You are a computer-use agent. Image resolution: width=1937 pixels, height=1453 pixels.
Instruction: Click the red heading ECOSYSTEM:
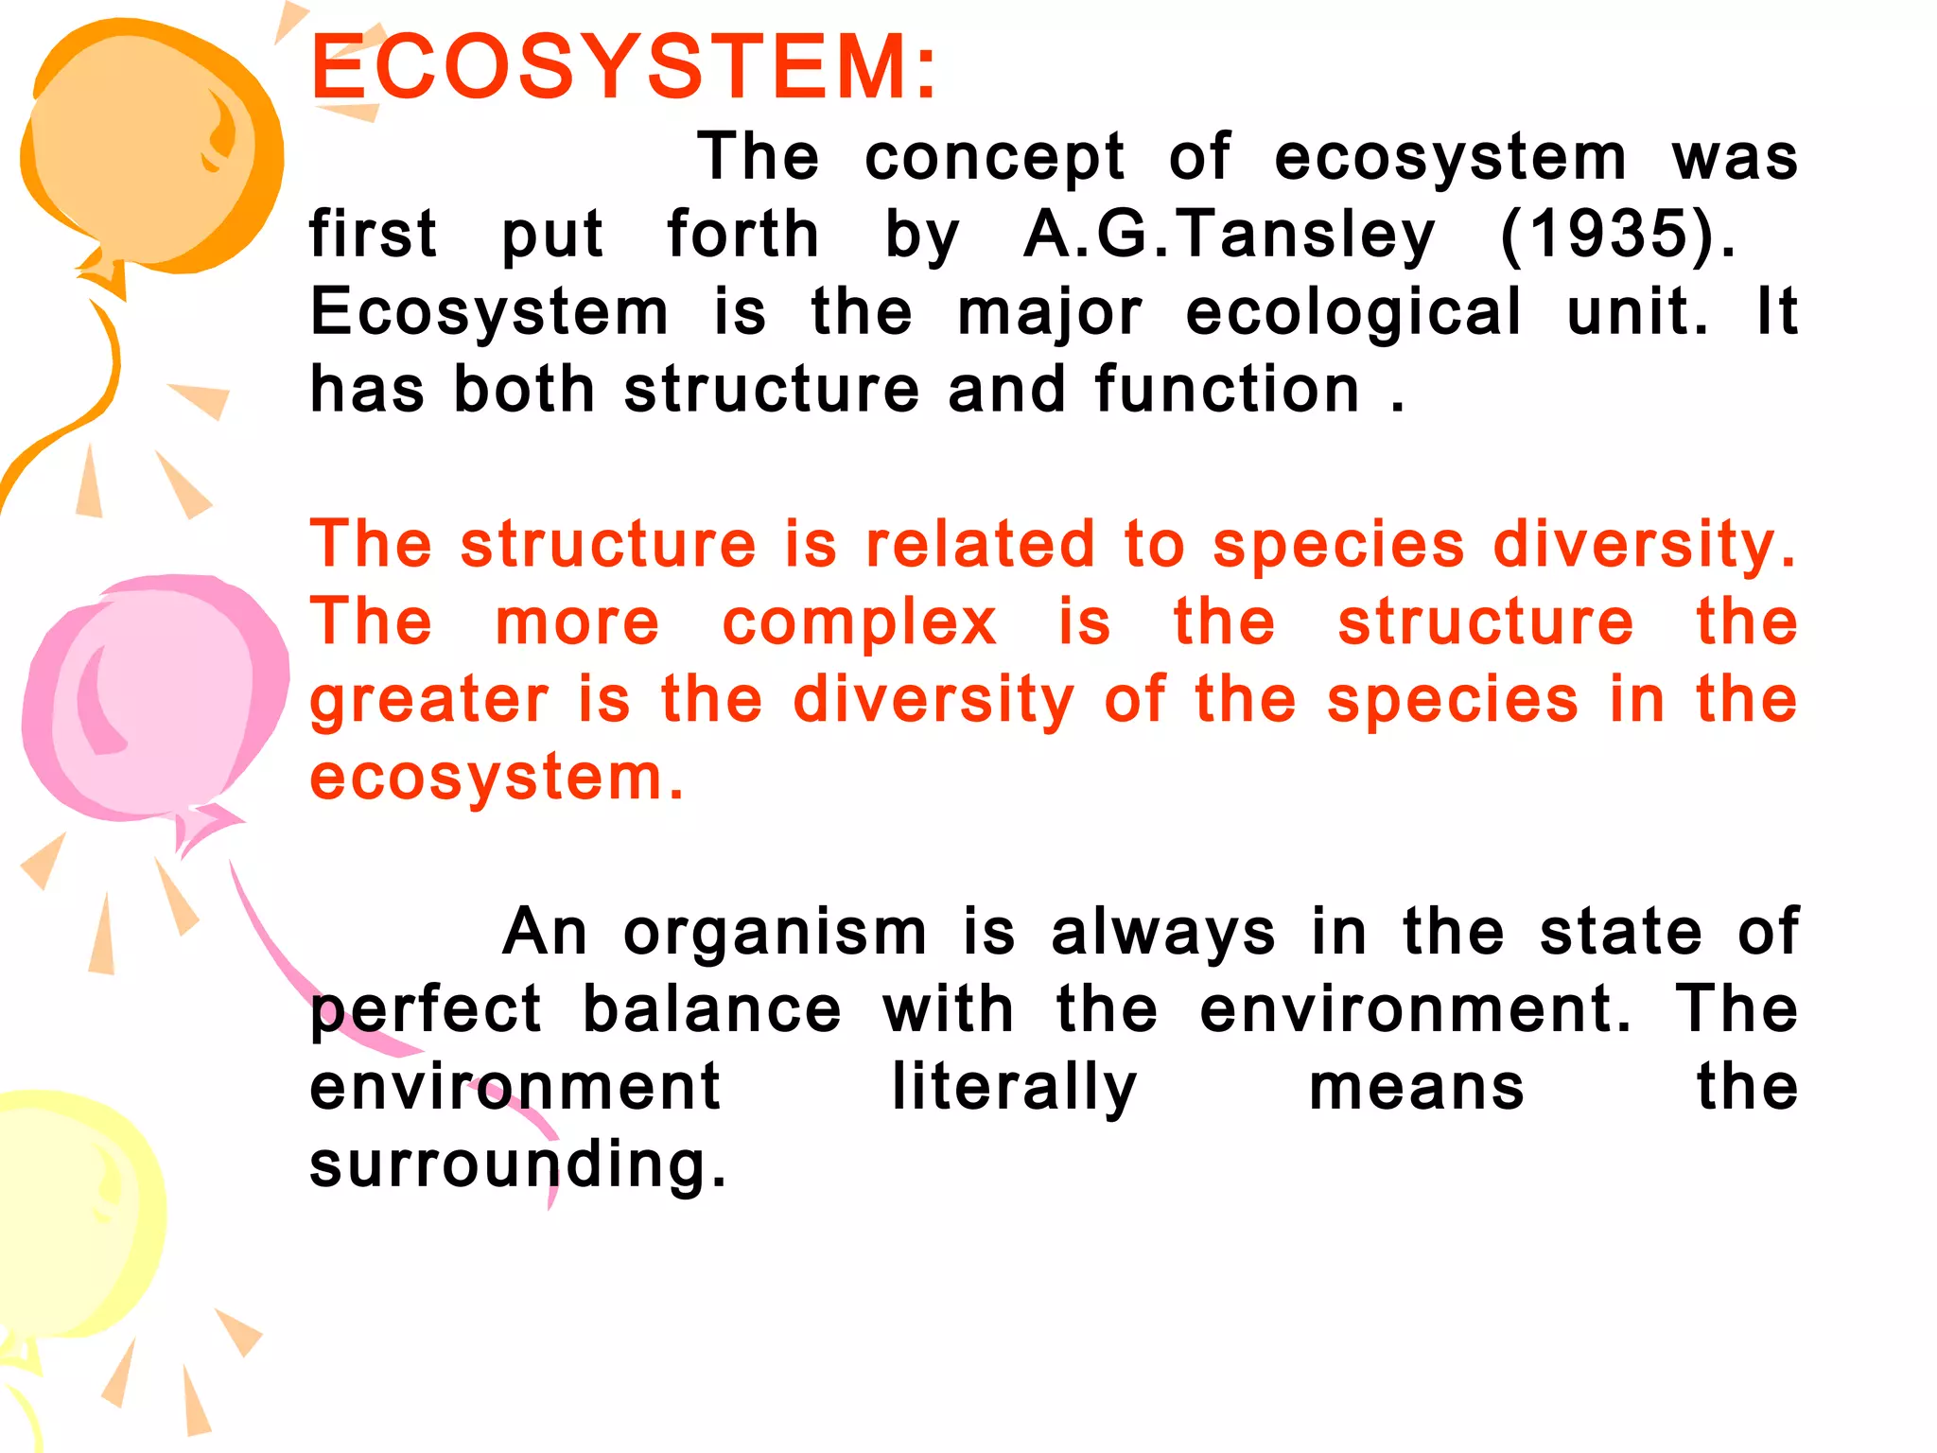tap(624, 67)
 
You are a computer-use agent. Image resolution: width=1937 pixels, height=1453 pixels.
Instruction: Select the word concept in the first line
tap(994, 158)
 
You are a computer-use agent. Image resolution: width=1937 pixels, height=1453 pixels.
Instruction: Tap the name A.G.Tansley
tap(1230, 235)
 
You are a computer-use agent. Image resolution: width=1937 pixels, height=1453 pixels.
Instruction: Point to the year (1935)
tap(1618, 235)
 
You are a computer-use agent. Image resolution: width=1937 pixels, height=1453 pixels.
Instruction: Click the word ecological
tap(1353, 312)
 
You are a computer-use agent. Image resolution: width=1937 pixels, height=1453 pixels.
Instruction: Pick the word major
tap(1050, 314)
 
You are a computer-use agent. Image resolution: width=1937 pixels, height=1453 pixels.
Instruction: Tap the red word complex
tap(859, 623)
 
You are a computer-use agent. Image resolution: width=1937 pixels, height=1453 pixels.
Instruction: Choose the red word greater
tap(429, 702)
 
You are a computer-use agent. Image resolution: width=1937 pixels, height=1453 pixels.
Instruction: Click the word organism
tap(776, 934)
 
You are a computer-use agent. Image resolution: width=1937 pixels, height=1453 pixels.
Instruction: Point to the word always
tap(1163, 934)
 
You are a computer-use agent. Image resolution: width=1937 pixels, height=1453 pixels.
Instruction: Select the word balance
tap(711, 1009)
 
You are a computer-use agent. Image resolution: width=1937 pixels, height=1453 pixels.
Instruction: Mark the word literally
tap(1014, 1088)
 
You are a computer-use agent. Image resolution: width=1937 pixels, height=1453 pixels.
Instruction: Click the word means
tap(1416, 1088)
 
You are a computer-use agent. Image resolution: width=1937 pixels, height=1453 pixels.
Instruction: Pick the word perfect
tap(426, 1011)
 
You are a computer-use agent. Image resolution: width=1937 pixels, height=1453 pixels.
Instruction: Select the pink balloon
tap(151, 700)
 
